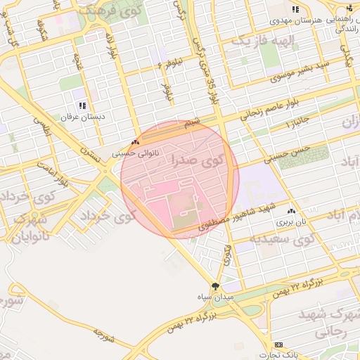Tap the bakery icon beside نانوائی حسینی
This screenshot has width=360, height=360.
pyautogui.click(x=135, y=141)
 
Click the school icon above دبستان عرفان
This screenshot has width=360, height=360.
pyautogui.click(x=82, y=105)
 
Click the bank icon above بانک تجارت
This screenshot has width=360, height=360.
pyautogui.click(x=279, y=345)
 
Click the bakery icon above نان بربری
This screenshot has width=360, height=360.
pyautogui.click(x=292, y=210)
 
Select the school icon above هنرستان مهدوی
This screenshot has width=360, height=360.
pyautogui.click(x=296, y=9)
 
